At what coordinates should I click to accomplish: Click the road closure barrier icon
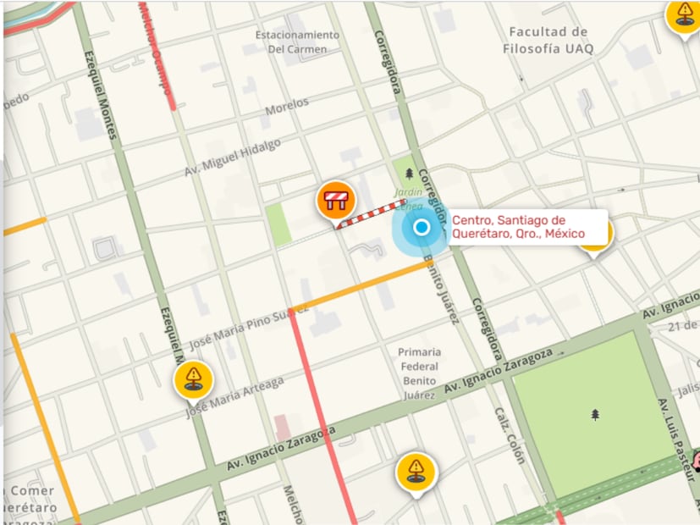point(335,201)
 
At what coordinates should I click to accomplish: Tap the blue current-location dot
point(421,227)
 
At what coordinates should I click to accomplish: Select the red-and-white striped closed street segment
point(371,213)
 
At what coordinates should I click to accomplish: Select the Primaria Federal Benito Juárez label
point(419,373)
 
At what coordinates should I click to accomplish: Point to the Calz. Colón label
point(510,435)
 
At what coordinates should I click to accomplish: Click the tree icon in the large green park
point(595,414)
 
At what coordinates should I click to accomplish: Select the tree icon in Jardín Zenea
point(410,174)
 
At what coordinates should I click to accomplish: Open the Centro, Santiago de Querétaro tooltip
point(528,227)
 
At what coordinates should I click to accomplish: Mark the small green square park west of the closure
point(278,224)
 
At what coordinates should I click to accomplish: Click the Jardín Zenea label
point(407,199)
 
